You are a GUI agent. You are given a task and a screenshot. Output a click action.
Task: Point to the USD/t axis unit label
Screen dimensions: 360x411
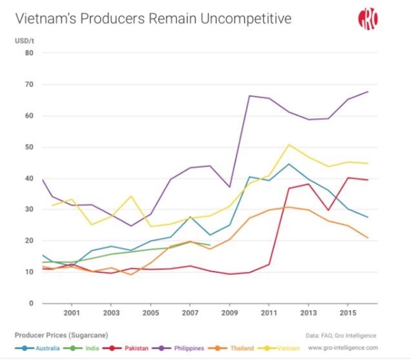pos(24,40)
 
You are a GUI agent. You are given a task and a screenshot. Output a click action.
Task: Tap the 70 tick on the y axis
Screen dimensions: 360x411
pos(29,84)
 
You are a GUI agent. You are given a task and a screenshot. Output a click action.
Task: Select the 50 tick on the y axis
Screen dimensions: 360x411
pos(29,147)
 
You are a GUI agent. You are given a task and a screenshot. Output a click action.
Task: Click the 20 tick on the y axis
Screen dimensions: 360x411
pos(29,241)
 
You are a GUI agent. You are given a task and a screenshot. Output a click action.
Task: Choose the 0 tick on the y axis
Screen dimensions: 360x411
pos(31,303)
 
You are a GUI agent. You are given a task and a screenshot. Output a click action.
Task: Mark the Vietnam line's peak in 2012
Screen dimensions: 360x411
pos(288,145)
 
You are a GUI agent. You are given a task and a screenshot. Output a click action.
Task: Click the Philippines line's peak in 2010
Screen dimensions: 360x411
pos(249,96)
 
